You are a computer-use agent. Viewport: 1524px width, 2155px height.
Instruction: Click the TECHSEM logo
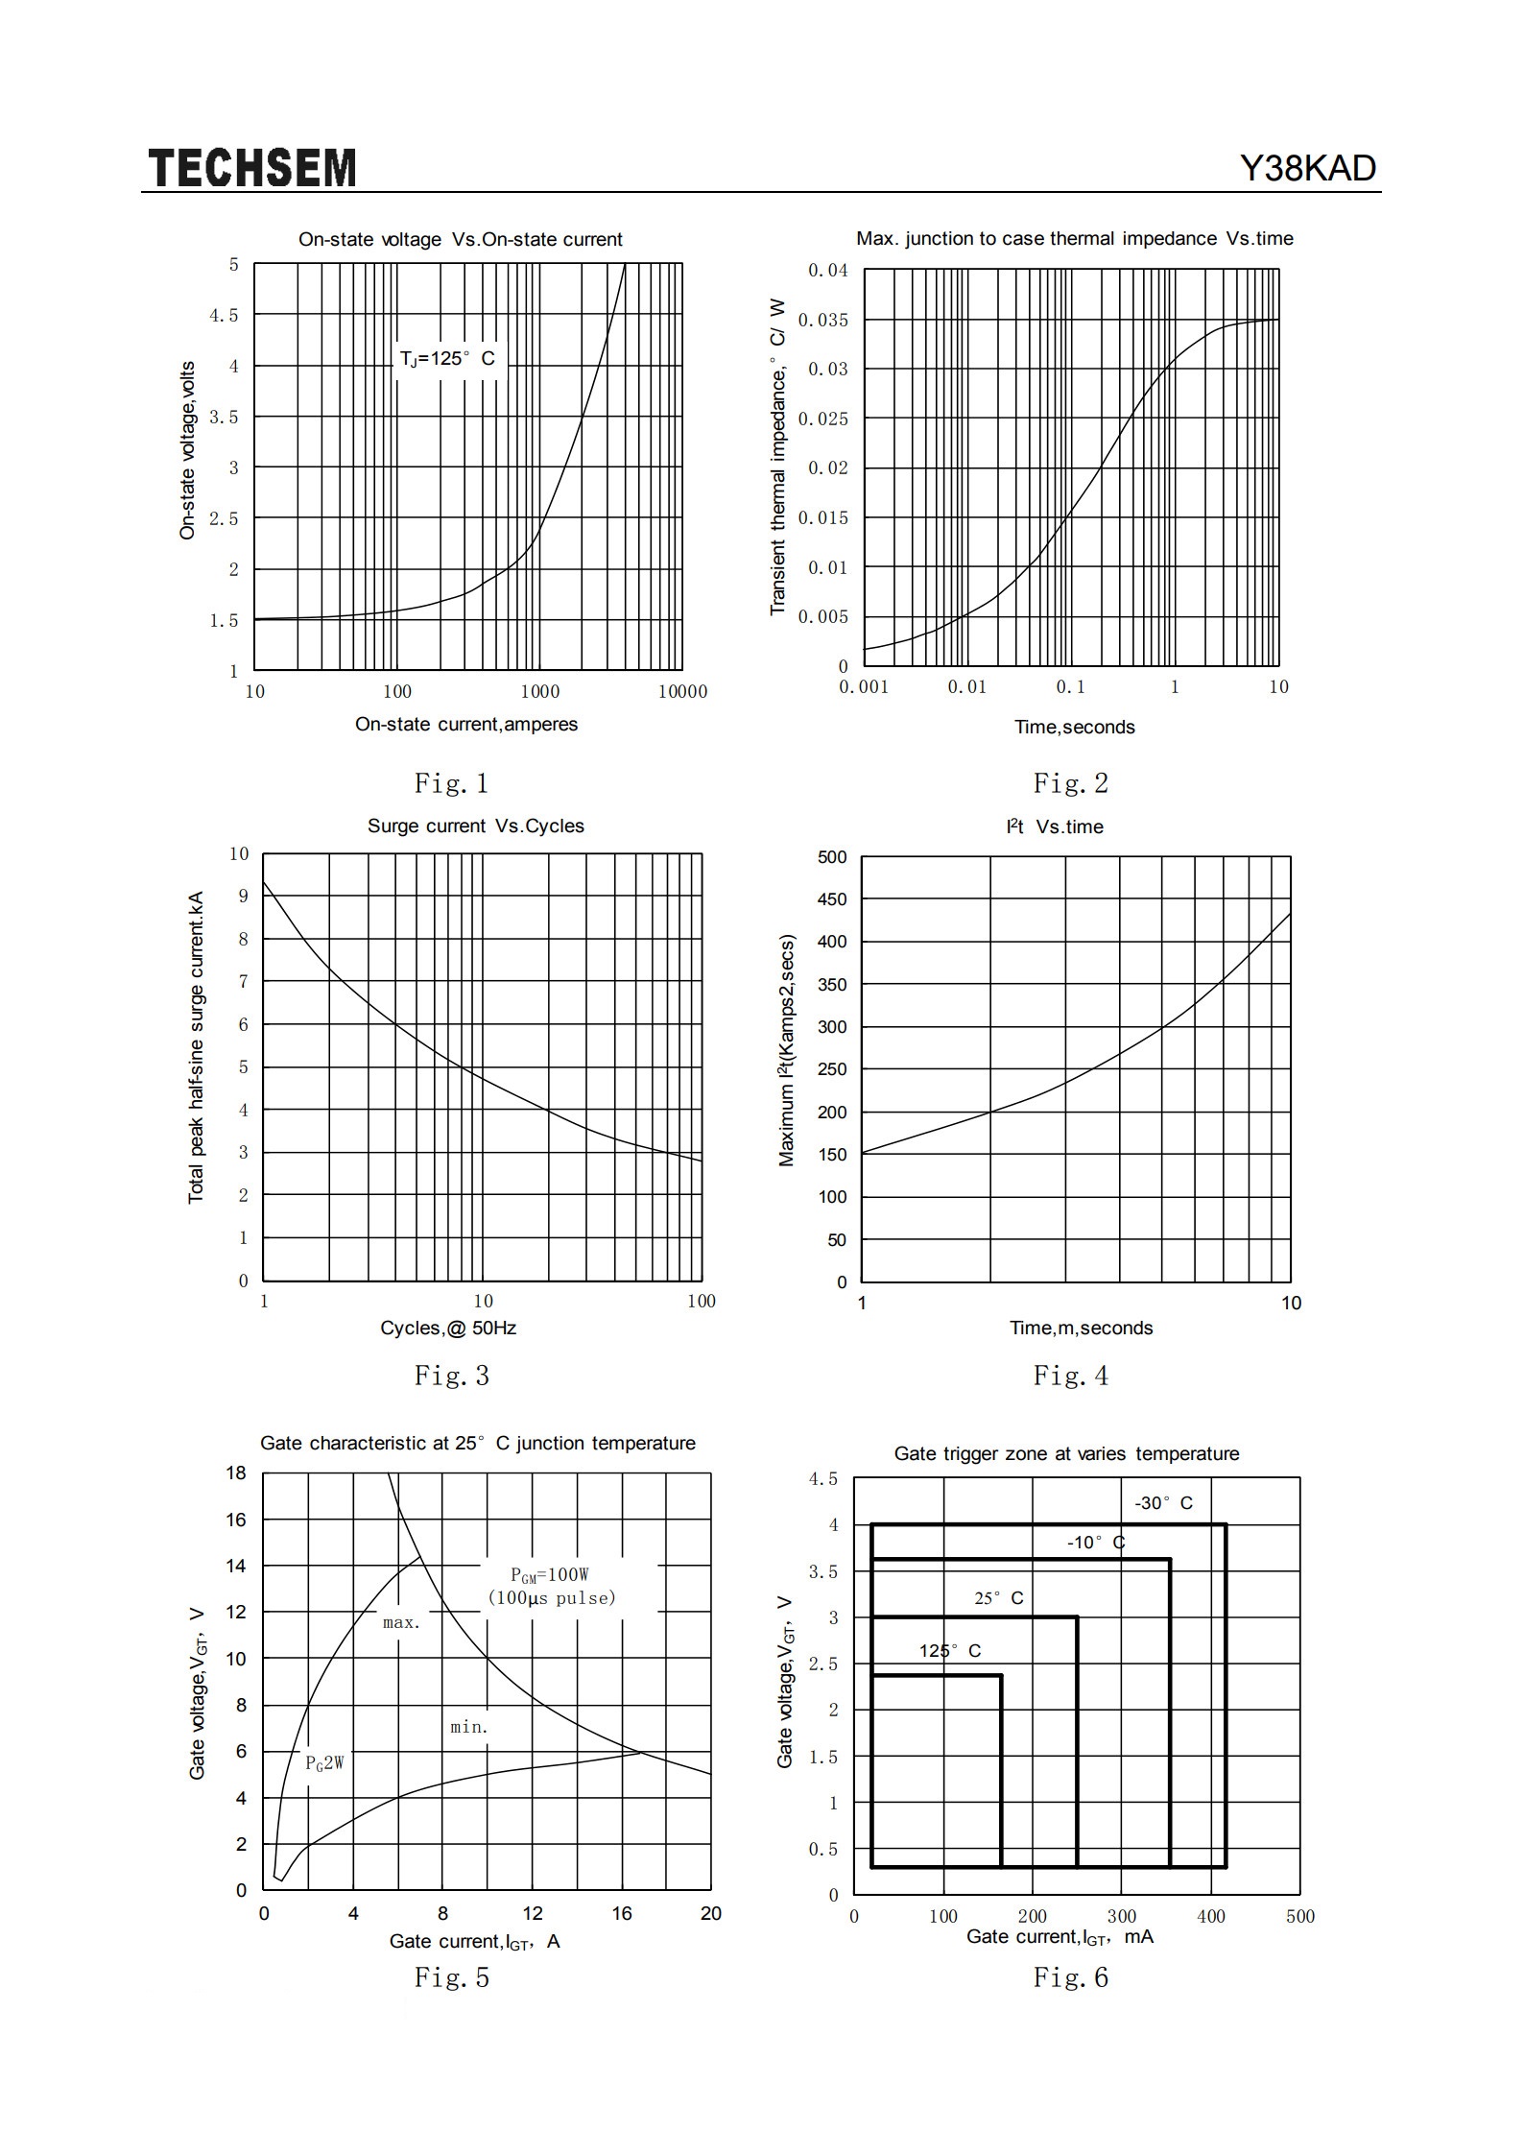[x=252, y=168]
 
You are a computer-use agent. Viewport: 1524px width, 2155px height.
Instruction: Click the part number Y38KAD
[x=1308, y=169]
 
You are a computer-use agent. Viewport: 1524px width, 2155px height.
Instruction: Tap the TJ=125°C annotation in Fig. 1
[x=447, y=359]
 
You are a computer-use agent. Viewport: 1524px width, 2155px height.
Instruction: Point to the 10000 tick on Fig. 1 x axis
[x=682, y=691]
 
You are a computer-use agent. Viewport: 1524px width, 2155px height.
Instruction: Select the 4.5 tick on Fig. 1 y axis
[x=224, y=315]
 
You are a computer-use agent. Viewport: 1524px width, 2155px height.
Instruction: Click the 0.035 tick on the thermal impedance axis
[x=823, y=320]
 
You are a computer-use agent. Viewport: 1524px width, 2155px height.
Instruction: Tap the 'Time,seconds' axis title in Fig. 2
[x=1075, y=728]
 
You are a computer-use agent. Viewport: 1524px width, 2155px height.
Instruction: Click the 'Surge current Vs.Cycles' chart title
[x=476, y=826]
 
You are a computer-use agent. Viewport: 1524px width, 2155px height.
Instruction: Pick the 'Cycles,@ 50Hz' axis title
[x=448, y=1329]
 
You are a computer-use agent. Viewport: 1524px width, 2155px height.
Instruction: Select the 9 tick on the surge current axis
[x=243, y=896]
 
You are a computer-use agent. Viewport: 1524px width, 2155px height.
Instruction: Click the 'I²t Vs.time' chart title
[x=1055, y=826]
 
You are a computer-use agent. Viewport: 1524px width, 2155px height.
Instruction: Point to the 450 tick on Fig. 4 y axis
[x=832, y=899]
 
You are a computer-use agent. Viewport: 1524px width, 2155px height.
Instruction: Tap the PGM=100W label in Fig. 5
[x=549, y=1574]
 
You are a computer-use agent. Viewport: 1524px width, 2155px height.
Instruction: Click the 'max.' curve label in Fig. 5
[x=401, y=1623]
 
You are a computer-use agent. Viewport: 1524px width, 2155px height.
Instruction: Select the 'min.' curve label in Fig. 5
[x=469, y=1728]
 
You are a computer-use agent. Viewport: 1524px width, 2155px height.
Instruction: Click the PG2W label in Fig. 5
[x=324, y=1763]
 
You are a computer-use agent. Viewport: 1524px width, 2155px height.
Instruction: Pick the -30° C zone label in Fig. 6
[x=1163, y=1503]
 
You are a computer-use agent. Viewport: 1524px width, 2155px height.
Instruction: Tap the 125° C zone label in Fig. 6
[x=950, y=1651]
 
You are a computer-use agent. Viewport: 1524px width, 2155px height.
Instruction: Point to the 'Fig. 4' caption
[x=1071, y=1376]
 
